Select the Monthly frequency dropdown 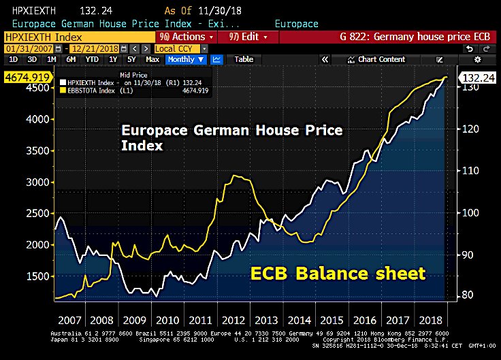click(186, 59)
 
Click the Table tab click(243, 59)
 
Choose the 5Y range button click(131, 59)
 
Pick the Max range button click(152, 59)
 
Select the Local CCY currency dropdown click(176, 48)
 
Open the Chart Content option click(381, 59)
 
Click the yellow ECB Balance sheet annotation click(338, 274)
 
